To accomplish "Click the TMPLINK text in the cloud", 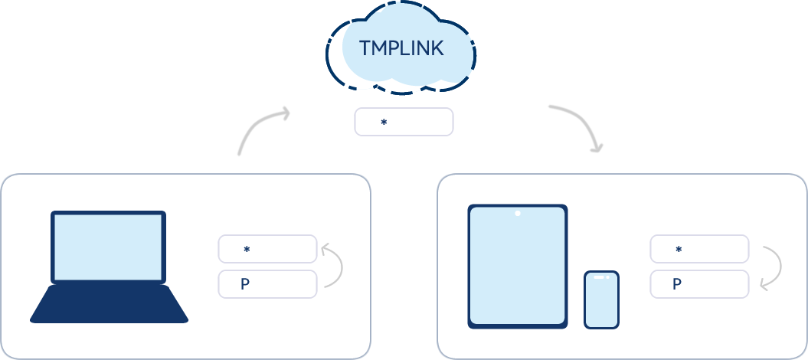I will (401, 49).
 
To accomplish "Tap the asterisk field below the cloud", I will (404, 122).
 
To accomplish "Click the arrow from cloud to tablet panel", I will (579, 125).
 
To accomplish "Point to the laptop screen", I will (108, 247).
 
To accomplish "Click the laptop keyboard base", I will (109, 305).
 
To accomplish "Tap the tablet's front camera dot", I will (518, 213).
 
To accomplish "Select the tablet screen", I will (518, 268).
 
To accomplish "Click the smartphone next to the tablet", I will (601, 299).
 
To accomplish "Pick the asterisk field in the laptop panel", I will (267, 249).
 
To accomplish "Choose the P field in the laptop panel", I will (267, 284).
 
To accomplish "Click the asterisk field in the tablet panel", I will (699, 249).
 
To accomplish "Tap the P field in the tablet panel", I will (699, 284).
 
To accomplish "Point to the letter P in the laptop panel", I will (245, 284).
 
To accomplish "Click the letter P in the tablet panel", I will (677, 284).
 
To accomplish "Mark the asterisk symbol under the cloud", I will (384, 123).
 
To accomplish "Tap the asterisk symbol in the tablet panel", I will (679, 250).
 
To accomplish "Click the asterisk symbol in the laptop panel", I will (247, 250).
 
